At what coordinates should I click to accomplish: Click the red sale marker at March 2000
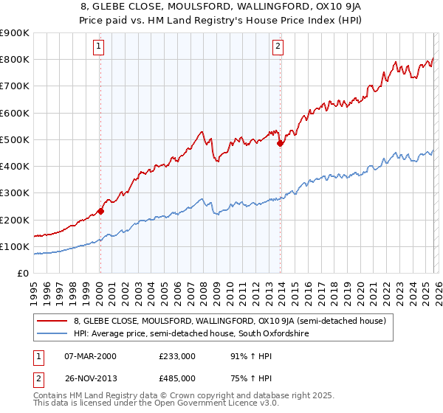[101, 211]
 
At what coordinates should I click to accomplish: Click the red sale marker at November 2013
[280, 144]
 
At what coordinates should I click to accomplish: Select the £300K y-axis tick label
[14, 193]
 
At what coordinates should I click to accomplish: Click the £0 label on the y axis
[22, 274]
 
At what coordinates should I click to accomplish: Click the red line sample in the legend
[53, 321]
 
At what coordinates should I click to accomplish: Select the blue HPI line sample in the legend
[53, 334]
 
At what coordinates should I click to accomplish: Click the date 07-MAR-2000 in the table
[90, 356]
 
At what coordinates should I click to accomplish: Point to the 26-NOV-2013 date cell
[90, 378]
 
